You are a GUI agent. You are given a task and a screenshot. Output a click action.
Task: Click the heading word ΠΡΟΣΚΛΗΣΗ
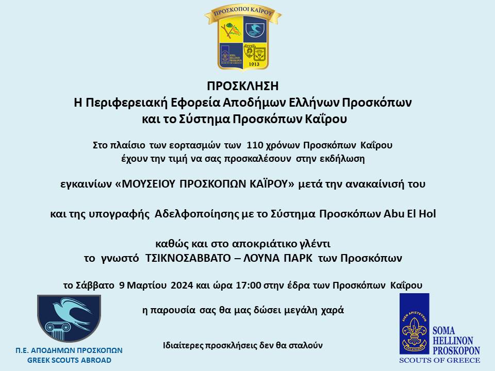click(x=242, y=86)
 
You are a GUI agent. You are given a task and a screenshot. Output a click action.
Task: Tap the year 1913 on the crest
click(x=254, y=64)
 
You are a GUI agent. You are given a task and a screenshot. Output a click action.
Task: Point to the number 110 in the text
click(x=255, y=145)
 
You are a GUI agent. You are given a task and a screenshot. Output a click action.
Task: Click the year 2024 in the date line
click(x=182, y=285)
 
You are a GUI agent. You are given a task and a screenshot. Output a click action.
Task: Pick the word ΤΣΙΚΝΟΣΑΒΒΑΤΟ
click(x=188, y=258)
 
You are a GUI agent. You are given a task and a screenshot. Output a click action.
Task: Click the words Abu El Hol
click(x=409, y=213)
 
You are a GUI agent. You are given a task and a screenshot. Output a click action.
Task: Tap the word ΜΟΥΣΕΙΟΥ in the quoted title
click(x=148, y=183)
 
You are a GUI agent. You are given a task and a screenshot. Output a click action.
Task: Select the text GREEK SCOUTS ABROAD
click(x=69, y=360)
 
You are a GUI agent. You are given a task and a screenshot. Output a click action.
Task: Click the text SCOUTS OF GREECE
click(x=439, y=360)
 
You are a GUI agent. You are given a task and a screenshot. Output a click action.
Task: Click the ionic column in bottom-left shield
click(x=58, y=331)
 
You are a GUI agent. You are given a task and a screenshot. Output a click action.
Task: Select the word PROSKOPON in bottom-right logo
click(x=456, y=350)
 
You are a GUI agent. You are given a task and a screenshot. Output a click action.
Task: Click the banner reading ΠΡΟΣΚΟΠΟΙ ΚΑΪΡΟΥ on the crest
click(x=243, y=12)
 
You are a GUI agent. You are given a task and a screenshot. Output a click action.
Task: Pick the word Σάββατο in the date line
click(x=95, y=285)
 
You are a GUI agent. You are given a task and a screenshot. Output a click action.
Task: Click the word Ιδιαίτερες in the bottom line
click(x=183, y=345)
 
